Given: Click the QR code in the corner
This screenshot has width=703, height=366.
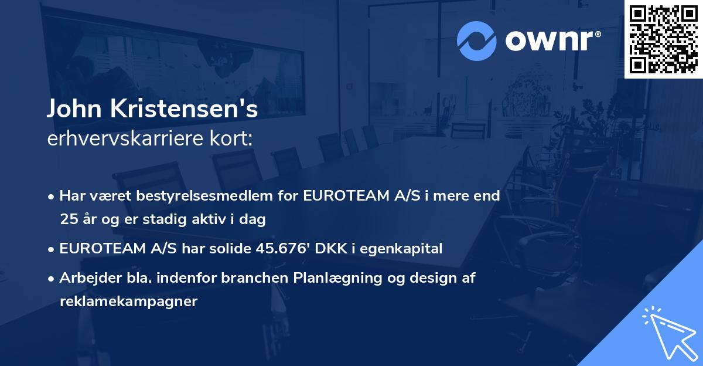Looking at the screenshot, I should [x=663, y=39].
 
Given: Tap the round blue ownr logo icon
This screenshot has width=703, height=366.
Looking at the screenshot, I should [x=476, y=41].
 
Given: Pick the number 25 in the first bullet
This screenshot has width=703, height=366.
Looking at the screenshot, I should [x=67, y=219].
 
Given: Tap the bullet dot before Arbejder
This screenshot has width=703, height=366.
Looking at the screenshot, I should [x=52, y=279].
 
